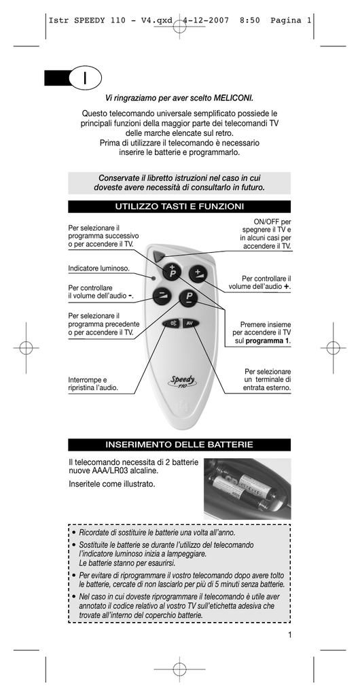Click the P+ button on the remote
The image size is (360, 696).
pos(171,271)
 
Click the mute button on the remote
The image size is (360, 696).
pos(170,323)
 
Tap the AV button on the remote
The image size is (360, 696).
pos(190,323)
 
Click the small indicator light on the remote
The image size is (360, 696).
pos(153,278)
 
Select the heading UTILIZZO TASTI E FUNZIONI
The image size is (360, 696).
pos(179,207)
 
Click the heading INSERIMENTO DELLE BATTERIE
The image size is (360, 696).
pos(179,445)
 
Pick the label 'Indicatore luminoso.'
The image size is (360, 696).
pos(99,268)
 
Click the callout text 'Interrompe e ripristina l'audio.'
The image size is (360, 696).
pos(93,384)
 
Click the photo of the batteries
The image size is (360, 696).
pos(247,489)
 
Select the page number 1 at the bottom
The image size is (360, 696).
pos(289,635)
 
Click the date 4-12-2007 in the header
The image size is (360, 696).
pos(206,20)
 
